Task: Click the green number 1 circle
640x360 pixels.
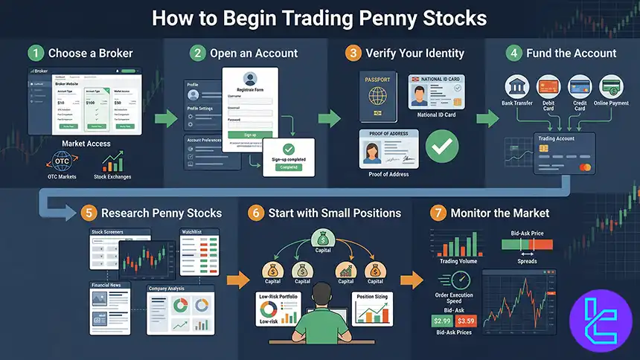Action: [36, 53]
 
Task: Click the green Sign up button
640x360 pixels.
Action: [250, 135]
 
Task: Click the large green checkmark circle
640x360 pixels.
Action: [441, 147]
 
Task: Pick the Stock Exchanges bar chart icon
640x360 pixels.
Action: [113, 160]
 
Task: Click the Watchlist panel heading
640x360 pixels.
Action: [192, 232]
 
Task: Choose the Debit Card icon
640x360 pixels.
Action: [548, 86]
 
